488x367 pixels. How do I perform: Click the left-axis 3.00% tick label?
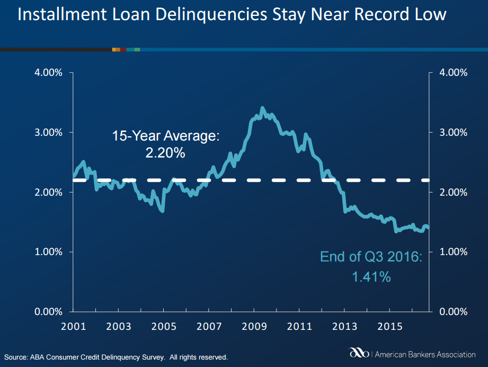(48, 132)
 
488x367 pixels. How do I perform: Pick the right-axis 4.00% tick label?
(454, 73)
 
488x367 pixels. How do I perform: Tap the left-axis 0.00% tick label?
(48, 311)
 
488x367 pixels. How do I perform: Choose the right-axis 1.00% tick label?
(454, 252)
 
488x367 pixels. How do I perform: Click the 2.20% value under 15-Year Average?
(165, 154)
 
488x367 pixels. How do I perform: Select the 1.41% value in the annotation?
(371, 276)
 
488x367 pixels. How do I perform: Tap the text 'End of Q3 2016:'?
(371, 257)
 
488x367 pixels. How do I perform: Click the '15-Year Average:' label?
(165, 136)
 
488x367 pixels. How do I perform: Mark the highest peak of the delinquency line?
(262, 108)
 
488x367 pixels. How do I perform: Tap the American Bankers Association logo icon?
(360, 353)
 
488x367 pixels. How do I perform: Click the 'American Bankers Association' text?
(425, 354)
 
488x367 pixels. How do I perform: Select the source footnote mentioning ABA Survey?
(116, 357)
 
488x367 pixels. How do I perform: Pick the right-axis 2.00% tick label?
(454, 192)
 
